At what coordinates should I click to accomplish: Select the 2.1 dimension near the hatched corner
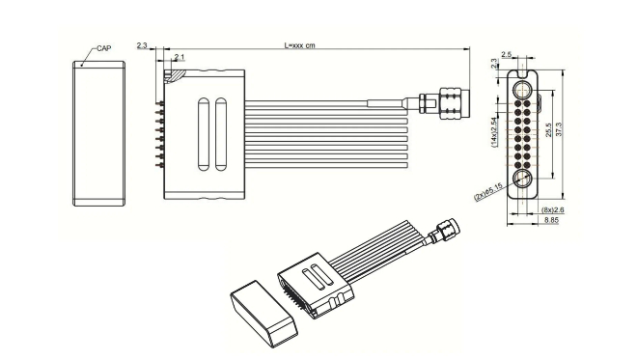[179, 60]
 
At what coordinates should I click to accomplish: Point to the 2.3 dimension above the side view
[142, 45]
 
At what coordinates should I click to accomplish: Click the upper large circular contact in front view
[521, 90]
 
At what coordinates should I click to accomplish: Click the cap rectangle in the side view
[99, 134]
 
